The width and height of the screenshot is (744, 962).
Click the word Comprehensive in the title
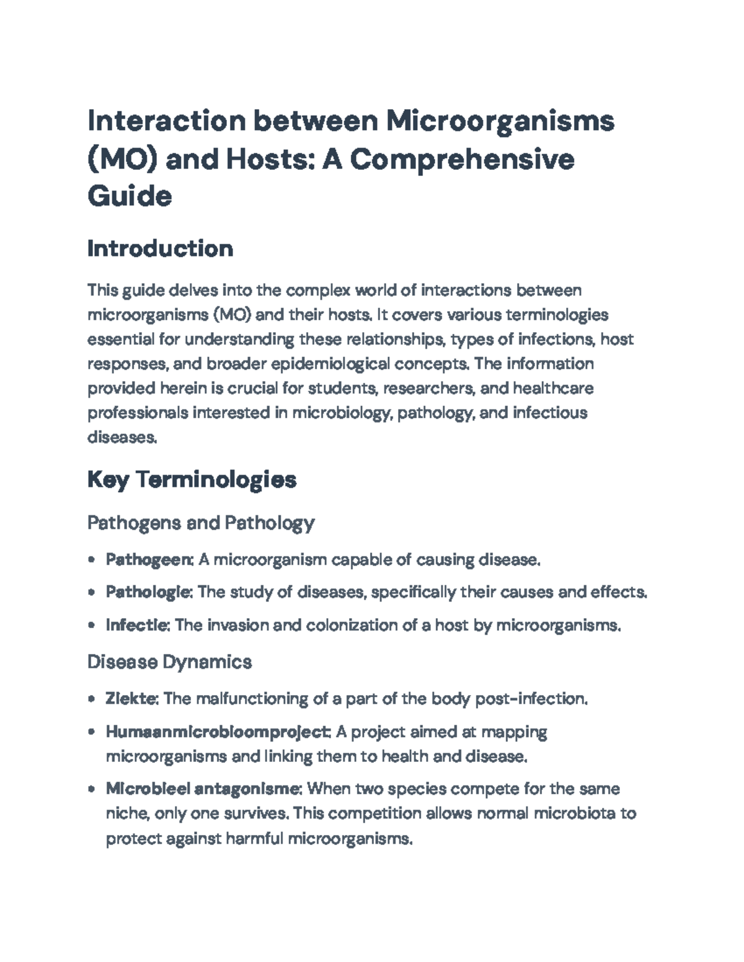click(462, 159)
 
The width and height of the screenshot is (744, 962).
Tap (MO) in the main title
click(123, 159)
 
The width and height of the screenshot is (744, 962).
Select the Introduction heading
click(160, 248)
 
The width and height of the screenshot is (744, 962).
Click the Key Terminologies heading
click(192, 479)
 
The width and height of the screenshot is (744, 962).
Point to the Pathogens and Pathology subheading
click(200, 523)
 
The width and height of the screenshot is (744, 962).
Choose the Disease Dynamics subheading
click(169, 662)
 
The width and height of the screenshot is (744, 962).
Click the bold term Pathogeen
click(149, 560)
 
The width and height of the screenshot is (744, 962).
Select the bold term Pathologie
click(148, 592)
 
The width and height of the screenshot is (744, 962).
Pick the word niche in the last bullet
click(123, 813)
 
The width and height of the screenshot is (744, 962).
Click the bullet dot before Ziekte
click(92, 699)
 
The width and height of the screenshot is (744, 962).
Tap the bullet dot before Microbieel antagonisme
click(92, 790)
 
